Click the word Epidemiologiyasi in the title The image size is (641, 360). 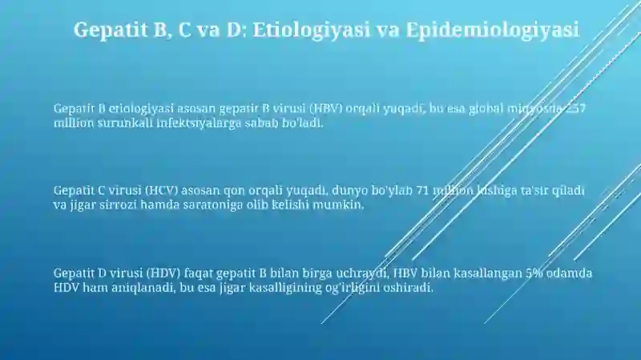click(493, 30)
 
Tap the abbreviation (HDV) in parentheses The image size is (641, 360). click(163, 273)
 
